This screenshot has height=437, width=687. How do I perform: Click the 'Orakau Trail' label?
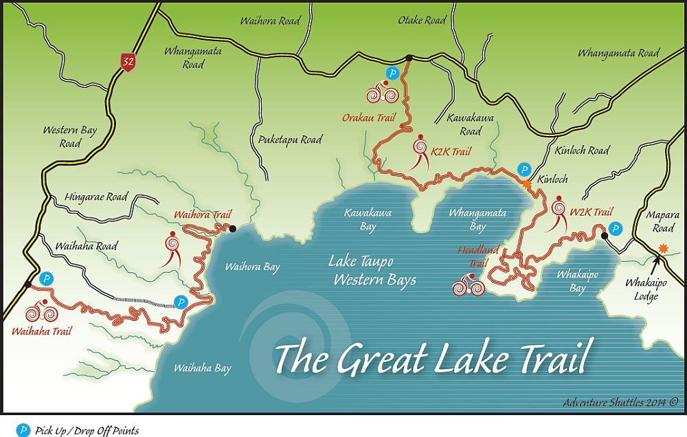tap(369, 117)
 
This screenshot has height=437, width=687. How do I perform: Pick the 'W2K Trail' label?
tap(591, 212)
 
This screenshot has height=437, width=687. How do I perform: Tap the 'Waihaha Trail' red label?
tap(42, 330)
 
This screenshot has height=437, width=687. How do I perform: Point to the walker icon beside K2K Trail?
tap(420, 153)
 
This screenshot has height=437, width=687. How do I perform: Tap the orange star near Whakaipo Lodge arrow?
tap(663, 248)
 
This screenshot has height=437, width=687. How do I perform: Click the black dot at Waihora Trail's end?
tap(233, 229)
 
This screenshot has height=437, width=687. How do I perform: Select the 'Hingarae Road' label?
tap(96, 197)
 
